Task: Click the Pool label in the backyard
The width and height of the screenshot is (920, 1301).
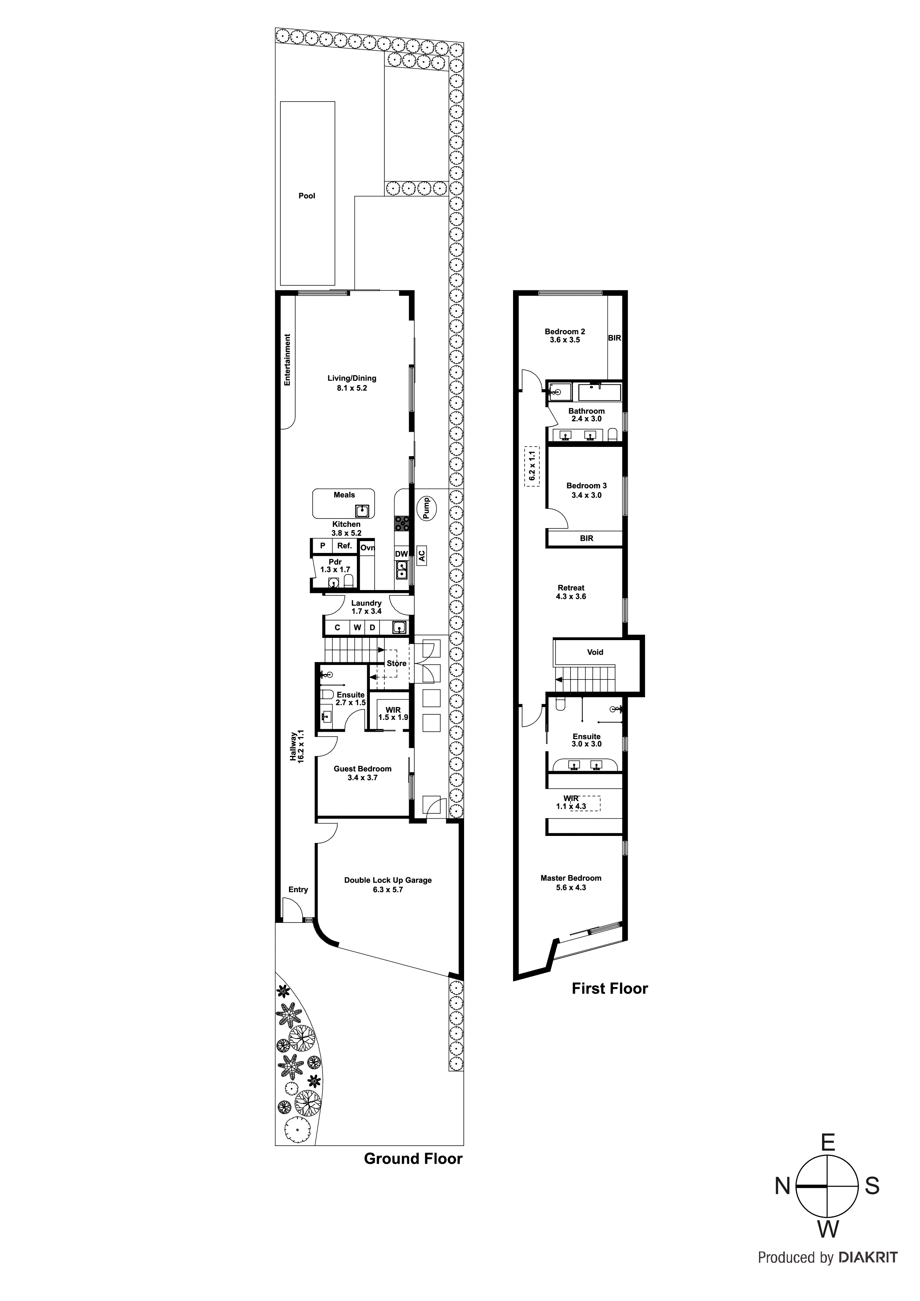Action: click(307, 195)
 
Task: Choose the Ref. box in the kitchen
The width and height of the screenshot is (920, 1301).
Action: click(345, 546)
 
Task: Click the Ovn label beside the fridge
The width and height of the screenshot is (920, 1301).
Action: click(367, 548)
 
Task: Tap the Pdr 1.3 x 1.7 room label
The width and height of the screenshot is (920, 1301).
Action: click(335, 566)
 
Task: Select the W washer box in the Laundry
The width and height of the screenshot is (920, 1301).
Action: click(358, 627)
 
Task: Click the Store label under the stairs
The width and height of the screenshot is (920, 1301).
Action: click(396, 663)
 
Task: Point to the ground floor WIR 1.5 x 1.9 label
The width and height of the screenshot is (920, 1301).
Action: click(393, 714)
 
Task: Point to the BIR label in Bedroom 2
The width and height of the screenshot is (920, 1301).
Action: click(614, 338)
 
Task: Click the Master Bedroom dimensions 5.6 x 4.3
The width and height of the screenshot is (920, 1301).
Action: click(571, 887)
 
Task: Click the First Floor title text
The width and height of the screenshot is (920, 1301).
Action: click(609, 988)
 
